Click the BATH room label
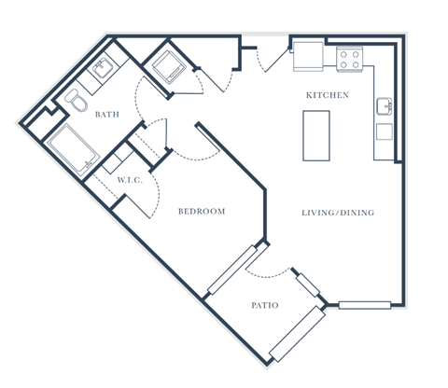coord(107,115)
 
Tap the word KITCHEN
coord(328,95)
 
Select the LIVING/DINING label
coord(337,213)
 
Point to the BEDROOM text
coord(202,212)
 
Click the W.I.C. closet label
coord(130,180)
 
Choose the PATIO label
coord(265,305)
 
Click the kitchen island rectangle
coord(317,136)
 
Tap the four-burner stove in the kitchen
coord(350,60)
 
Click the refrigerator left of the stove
coord(308,56)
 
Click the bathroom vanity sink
coord(104,69)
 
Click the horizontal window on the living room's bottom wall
coord(364,304)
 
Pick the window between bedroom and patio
coord(231,270)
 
